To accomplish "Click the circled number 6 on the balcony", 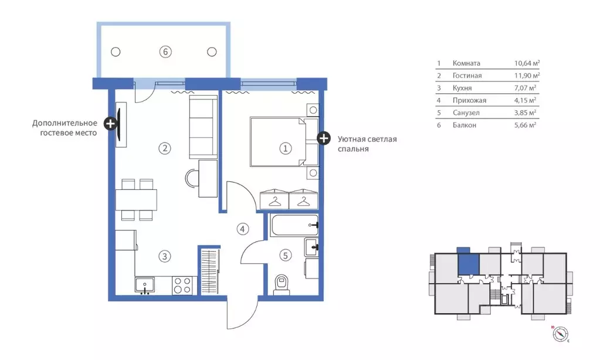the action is point(165,52).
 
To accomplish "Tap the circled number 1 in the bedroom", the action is point(285,148).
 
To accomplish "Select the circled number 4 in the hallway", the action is point(242,229).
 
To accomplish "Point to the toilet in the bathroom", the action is point(282,284).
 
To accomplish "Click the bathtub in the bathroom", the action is point(294,225).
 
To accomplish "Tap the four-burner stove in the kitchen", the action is point(182,286).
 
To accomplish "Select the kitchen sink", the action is point(145,286).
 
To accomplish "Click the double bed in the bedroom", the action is point(284,142).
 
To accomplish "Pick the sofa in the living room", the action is point(203,127).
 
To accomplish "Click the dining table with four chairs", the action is point(136,200).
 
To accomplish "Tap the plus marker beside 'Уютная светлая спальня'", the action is point(324,138).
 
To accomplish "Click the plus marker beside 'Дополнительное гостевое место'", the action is point(111,123).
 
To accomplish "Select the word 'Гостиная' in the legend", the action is point(467,76).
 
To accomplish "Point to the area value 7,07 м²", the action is point(525,88).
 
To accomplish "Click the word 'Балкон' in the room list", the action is point(464,125).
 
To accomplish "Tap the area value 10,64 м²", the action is point(527,63).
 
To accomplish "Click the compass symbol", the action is point(560,334).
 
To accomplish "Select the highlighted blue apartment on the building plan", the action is point(469,261).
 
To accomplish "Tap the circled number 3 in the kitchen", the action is point(165,256).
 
